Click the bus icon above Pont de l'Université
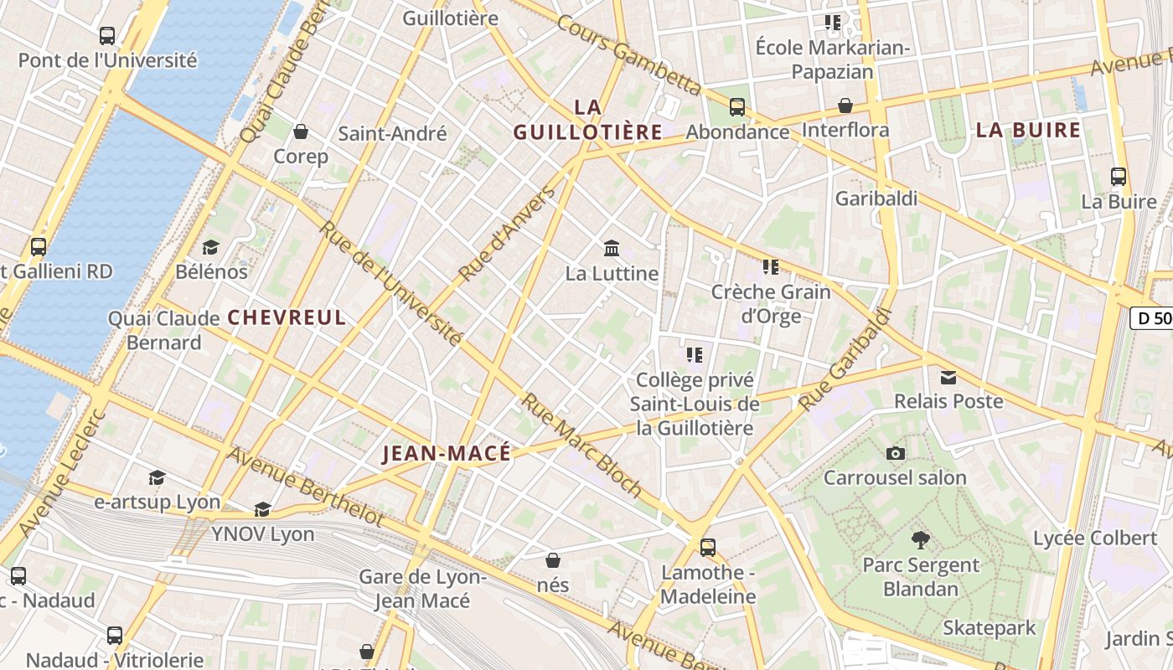(x=106, y=36)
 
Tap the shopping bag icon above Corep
(x=301, y=132)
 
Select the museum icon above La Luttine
(x=612, y=249)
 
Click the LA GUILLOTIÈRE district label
(x=588, y=120)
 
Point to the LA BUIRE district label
(x=1028, y=130)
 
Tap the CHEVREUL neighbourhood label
(x=287, y=317)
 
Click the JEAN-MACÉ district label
(x=446, y=454)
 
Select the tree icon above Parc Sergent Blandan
(x=921, y=540)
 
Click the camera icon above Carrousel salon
(x=895, y=453)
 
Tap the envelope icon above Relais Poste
(x=948, y=377)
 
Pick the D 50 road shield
(x=1151, y=318)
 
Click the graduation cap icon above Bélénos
(x=210, y=247)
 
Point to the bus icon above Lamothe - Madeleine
(x=708, y=548)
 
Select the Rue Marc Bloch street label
(x=582, y=445)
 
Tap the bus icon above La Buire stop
(x=1119, y=177)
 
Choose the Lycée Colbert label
(x=1094, y=538)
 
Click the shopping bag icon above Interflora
(x=845, y=106)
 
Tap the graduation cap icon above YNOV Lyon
(x=262, y=509)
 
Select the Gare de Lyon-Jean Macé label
(x=422, y=589)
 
